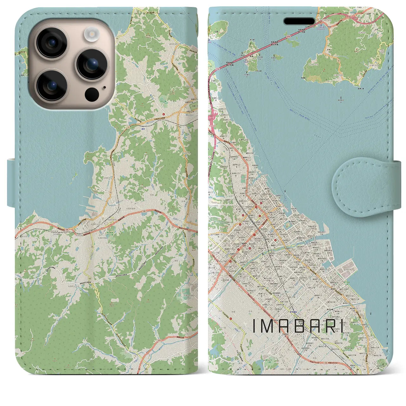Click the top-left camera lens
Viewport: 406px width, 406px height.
[51, 43]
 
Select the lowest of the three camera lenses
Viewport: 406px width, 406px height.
[51, 85]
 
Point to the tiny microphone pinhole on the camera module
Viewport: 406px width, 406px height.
[104, 87]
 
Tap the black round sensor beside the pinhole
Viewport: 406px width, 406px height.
[92, 94]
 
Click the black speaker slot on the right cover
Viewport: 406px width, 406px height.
[299, 21]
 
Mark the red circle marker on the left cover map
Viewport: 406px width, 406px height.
[164, 115]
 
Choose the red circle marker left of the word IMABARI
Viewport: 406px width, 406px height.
[230, 261]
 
